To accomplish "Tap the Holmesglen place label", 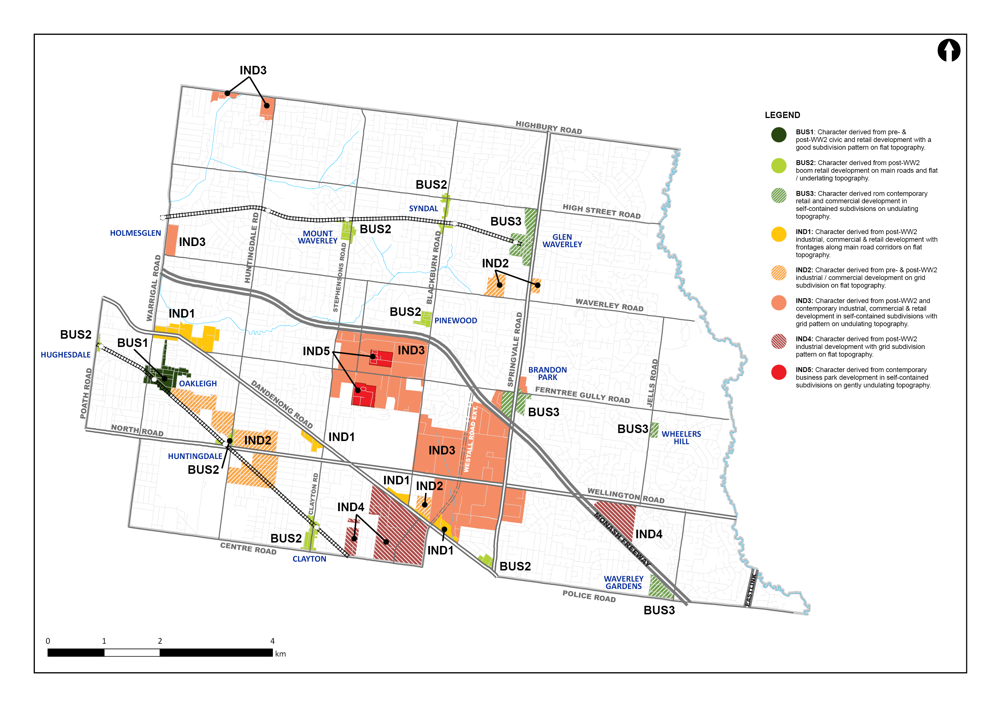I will [x=135, y=233].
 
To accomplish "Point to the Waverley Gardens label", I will [x=623, y=582].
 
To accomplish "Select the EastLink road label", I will [x=750, y=590].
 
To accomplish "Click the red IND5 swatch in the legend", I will [x=779, y=372].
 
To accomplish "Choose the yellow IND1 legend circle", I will [x=779, y=234].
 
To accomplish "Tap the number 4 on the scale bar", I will [x=273, y=641].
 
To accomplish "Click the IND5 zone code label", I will [x=316, y=351].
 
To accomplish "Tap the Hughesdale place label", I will [x=65, y=355].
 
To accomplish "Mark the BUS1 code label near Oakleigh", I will [x=132, y=343].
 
